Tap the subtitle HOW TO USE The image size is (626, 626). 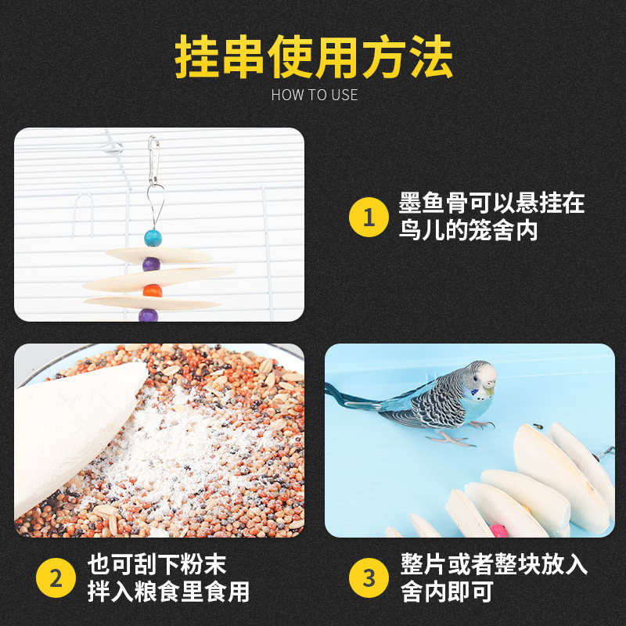pyautogui.click(x=314, y=95)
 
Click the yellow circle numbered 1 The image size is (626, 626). pyautogui.click(x=369, y=218)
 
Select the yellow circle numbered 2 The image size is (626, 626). pyautogui.click(x=56, y=578)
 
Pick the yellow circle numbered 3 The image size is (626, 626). pyautogui.click(x=369, y=578)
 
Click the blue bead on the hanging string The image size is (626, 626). pyautogui.click(x=153, y=237)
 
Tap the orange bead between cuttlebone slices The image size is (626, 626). pyautogui.click(x=153, y=290)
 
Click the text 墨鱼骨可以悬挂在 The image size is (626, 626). pyautogui.click(x=491, y=204)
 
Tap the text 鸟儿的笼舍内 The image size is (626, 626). pyautogui.click(x=468, y=232)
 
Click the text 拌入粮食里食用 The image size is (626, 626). pyautogui.click(x=168, y=592)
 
